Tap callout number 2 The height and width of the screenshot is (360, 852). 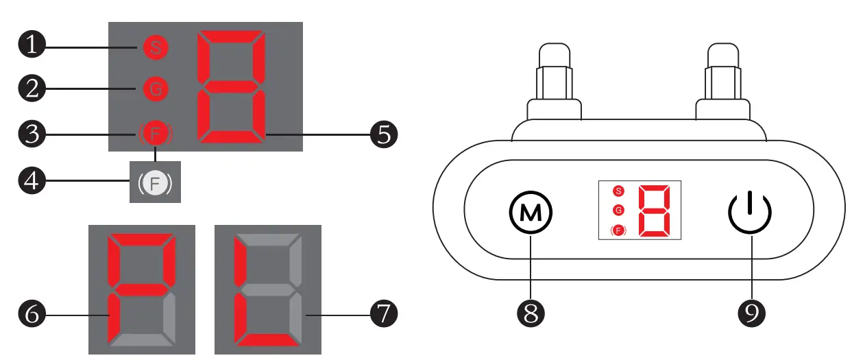[31, 88]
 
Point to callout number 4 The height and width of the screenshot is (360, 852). [31, 182]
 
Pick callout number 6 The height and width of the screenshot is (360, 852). [31, 315]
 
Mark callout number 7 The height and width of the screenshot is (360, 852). [383, 315]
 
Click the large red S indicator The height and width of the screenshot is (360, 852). [155, 48]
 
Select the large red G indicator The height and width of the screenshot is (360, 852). [155, 88]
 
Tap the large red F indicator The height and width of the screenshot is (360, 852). [156, 134]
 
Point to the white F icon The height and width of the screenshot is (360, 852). [156, 183]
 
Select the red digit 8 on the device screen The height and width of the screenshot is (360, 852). [654, 211]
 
